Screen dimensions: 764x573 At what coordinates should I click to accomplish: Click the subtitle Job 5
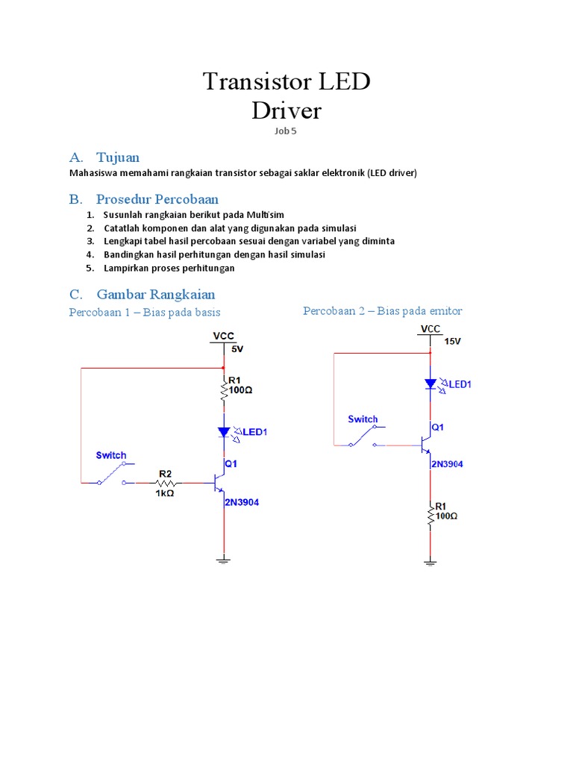[x=286, y=131]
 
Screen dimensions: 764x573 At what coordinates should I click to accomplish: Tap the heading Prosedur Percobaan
[x=157, y=199]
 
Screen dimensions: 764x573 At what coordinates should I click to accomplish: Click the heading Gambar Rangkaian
[x=155, y=295]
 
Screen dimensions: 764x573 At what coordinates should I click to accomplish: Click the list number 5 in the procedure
[x=90, y=268]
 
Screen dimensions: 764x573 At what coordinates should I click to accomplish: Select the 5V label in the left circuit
[x=237, y=349]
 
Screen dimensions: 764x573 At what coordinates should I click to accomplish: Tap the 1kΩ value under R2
[x=165, y=493]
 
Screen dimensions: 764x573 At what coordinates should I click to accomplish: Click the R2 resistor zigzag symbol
[x=165, y=483]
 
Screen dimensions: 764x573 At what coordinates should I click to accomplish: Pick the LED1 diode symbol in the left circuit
[x=224, y=432]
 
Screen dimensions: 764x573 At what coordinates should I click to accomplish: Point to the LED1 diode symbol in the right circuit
[x=430, y=383]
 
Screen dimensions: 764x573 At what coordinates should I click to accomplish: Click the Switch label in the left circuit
[x=111, y=455]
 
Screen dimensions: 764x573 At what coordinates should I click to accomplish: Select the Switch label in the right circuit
[x=363, y=419]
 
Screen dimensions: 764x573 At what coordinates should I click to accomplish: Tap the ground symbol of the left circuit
[x=224, y=558]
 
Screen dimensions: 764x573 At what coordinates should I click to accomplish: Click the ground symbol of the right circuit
[x=430, y=562]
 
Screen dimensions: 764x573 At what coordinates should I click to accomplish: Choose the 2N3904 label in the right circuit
[x=447, y=464]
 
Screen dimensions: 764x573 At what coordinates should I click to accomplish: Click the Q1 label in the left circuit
[x=231, y=463]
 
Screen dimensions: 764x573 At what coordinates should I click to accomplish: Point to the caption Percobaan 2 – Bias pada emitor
[x=383, y=310]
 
